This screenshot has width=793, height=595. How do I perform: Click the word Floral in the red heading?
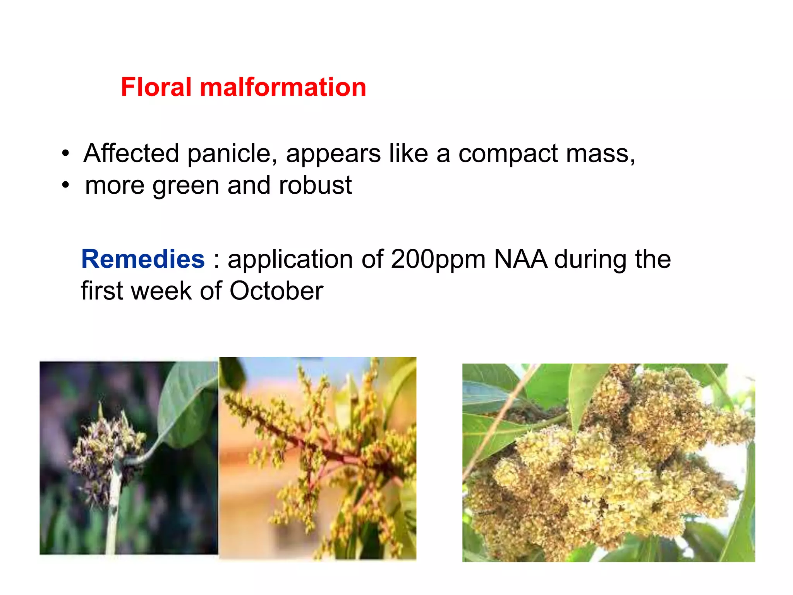[156, 87]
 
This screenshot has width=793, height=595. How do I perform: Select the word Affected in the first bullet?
[131, 153]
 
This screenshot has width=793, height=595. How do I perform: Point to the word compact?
[508, 154]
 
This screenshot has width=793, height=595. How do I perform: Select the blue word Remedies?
[143, 259]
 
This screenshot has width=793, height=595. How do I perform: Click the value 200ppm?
[438, 260]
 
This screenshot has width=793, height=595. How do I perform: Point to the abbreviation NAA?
[520, 259]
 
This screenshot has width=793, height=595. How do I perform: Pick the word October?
[276, 291]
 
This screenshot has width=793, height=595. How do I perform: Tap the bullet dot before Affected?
[65, 153]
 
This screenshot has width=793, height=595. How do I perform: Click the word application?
[290, 260]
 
